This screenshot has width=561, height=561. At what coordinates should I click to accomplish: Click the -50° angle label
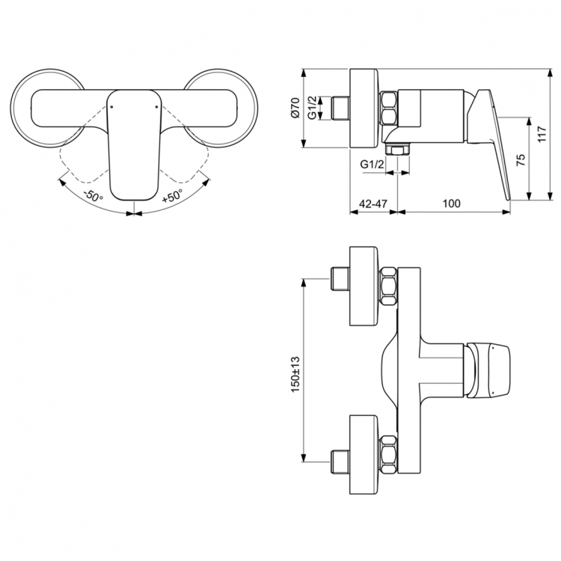click(x=93, y=197)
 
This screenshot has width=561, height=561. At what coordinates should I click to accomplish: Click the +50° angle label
click(x=172, y=197)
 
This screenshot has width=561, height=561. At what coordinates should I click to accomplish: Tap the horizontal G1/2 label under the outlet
click(x=373, y=164)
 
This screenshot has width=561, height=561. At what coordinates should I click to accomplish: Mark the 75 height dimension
click(x=521, y=159)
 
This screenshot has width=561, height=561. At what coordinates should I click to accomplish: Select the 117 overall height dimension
click(x=544, y=135)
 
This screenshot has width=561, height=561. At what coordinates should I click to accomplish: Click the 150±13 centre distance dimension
click(x=295, y=373)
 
